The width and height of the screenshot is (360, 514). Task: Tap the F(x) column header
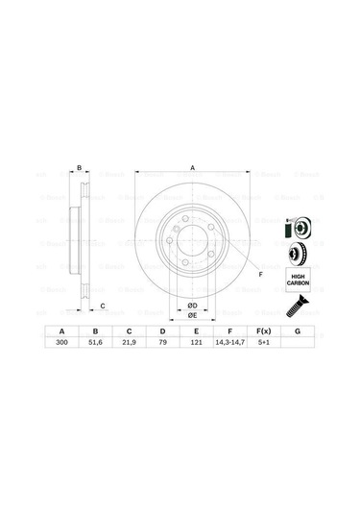[x=262, y=330]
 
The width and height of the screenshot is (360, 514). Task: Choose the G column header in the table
[x=297, y=330]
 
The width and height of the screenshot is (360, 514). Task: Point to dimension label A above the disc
[x=192, y=168]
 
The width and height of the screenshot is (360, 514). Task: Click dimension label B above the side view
[x=80, y=168]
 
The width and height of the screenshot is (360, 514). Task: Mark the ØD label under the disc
[x=191, y=305]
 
